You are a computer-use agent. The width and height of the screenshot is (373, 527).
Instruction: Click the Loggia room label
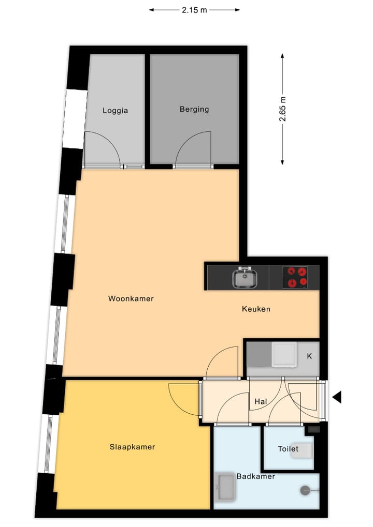click(x=115, y=110)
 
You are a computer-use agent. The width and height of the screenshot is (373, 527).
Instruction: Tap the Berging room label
click(x=194, y=109)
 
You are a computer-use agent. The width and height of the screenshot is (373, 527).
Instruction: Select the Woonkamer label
click(x=131, y=299)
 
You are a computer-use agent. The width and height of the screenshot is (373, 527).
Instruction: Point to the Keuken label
click(x=256, y=309)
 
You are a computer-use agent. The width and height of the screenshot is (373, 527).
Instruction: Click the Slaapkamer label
click(x=133, y=447)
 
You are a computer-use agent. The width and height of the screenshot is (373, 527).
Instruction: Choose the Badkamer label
click(x=256, y=476)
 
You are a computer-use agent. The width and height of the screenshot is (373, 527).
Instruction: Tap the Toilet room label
click(x=288, y=449)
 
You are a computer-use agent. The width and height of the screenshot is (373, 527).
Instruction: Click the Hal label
click(x=261, y=401)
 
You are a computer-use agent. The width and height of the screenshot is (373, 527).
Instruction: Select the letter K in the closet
click(x=309, y=356)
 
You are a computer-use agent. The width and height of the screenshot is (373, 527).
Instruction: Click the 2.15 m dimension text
click(x=194, y=9)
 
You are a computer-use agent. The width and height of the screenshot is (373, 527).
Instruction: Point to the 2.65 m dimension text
click(x=283, y=109)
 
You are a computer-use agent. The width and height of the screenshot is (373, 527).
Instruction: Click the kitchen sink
click(x=243, y=278)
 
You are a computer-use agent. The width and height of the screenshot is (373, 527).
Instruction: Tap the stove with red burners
click(x=295, y=277)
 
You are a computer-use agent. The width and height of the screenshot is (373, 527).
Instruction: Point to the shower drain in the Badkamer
click(x=304, y=489)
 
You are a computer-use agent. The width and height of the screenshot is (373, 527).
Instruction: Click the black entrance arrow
click(x=337, y=397)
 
